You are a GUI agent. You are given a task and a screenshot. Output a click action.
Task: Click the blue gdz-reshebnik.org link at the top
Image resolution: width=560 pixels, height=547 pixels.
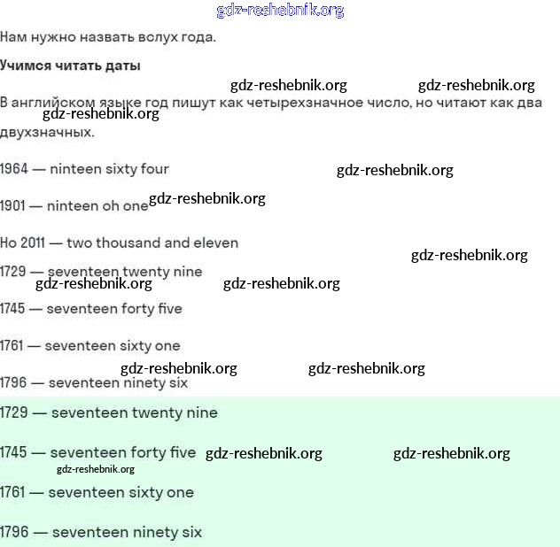pyautogui.click(x=280, y=11)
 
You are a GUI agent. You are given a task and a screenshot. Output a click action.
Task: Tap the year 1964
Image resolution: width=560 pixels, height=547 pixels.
pyautogui.click(x=14, y=169)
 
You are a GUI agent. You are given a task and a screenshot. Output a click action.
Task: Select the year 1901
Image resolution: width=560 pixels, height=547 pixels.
pyautogui.click(x=13, y=206)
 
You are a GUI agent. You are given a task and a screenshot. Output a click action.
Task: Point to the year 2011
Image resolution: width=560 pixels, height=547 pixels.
pyautogui.click(x=36, y=243)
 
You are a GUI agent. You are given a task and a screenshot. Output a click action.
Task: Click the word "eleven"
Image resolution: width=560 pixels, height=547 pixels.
pyautogui.click(x=216, y=243)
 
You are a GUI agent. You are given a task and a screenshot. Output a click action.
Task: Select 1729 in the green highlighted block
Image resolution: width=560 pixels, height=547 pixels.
pyautogui.click(x=14, y=413)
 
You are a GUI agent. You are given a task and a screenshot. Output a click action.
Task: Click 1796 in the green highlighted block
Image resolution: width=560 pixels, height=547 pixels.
pyautogui.click(x=14, y=533)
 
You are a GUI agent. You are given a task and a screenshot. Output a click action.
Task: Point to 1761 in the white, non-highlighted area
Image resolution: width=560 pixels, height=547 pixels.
pyautogui.click(x=13, y=346)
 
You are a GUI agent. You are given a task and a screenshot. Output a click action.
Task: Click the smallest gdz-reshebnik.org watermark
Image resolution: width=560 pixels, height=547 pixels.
pyautogui.click(x=95, y=470)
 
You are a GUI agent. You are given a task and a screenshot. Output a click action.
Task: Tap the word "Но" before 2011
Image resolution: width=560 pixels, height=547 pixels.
pyautogui.click(x=9, y=243)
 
